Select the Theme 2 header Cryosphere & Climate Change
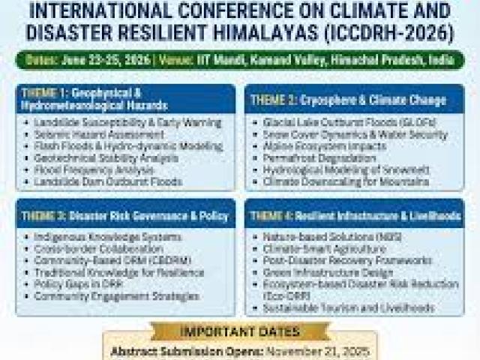point(349,99)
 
